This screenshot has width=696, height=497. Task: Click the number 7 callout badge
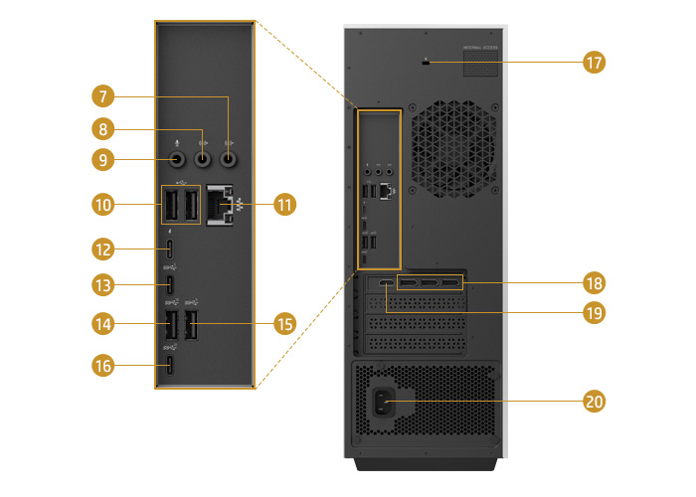pyautogui.click(x=102, y=96)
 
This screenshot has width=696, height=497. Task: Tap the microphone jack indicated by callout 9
pyautogui.click(x=177, y=158)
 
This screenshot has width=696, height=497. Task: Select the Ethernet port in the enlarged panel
pyautogui.click(x=219, y=206)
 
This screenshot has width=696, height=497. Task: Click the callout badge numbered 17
pyautogui.click(x=594, y=63)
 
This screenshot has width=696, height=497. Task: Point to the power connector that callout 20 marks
pyautogui.click(x=381, y=402)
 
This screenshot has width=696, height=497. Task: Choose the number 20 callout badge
pyautogui.click(x=594, y=402)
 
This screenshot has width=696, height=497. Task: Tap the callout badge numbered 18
pyautogui.click(x=594, y=283)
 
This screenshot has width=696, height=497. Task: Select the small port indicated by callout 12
pyautogui.click(x=171, y=248)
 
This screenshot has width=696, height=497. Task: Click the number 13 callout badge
pyautogui.click(x=102, y=285)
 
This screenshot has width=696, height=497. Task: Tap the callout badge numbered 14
pyautogui.click(x=102, y=323)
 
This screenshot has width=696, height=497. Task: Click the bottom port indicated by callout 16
pyautogui.click(x=171, y=366)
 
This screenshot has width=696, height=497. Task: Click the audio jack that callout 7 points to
pyautogui.click(x=230, y=157)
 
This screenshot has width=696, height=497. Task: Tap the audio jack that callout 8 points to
pyautogui.click(x=204, y=157)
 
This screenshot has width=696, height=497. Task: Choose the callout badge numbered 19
pyautogui.click(x=594, y=311)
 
